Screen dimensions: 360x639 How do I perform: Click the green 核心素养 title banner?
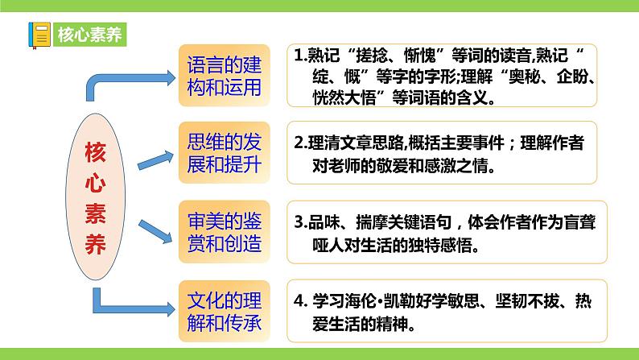click(x=89, y=34)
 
